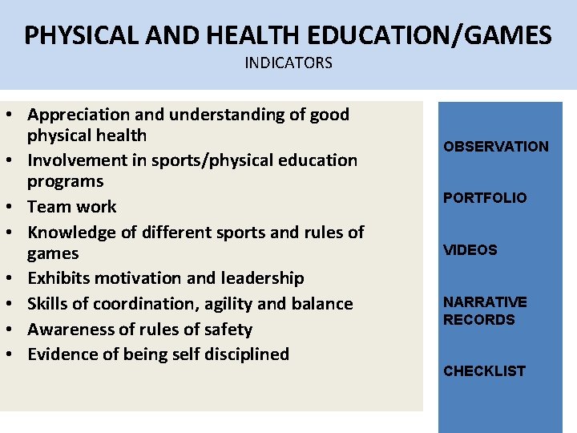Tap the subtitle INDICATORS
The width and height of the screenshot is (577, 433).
coord(288,63)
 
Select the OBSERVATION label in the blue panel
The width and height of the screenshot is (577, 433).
coord(496,147)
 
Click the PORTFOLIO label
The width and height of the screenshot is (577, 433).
coord(485,198)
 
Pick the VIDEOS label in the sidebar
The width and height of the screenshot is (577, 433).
coord(470,250)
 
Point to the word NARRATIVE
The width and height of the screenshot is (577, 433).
coord(485,302)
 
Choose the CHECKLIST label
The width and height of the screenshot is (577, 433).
coord(484,371)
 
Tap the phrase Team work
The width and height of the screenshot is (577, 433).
coord(71,207)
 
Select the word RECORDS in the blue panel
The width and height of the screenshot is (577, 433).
coord(479,320)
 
